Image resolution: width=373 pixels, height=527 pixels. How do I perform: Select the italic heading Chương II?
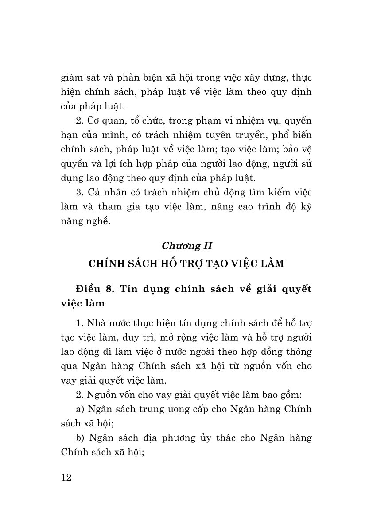(186, 245)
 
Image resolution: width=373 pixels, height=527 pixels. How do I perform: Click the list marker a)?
(81, 409)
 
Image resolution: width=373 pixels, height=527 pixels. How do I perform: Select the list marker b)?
(81, 438)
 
